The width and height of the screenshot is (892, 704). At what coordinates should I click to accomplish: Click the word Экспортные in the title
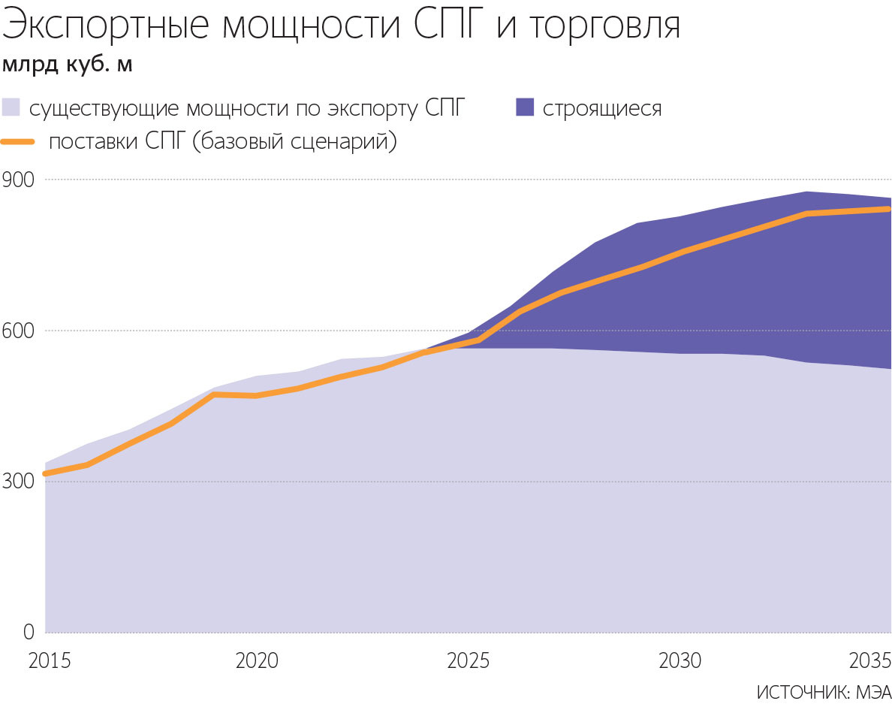point(110,27)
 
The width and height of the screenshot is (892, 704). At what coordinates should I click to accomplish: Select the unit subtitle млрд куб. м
point(68,65)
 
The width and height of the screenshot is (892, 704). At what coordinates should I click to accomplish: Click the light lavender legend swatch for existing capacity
point(11,107)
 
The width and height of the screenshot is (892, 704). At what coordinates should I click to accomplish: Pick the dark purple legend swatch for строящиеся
point(525,107)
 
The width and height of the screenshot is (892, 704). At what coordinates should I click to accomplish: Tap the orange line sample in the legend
point(19,141)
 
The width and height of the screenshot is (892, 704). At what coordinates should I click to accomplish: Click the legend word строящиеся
point(602,108)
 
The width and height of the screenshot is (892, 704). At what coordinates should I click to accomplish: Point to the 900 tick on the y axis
point(19,180)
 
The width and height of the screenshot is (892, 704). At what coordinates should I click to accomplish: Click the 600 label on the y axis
point(19,331)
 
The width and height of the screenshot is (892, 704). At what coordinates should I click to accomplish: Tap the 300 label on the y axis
point(19,482)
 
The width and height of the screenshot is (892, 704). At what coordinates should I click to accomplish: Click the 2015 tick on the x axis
point(49,661)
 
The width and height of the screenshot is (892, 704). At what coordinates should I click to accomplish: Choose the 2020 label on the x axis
point(257,661)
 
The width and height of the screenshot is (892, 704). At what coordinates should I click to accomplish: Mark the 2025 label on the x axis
point(469,661)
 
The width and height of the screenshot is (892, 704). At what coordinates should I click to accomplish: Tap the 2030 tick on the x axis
point(680,661)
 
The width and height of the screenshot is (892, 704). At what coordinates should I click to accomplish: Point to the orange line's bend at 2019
point(215,394)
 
